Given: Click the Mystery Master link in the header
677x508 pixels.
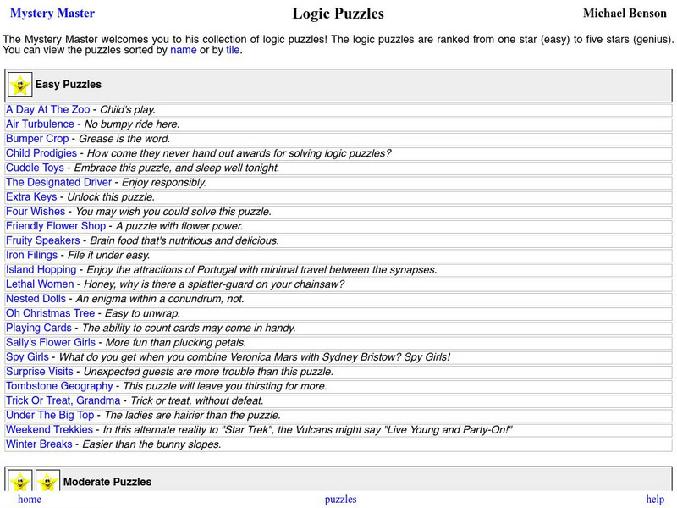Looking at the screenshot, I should coord(52,14).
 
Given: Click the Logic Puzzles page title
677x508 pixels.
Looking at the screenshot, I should coord(338,14).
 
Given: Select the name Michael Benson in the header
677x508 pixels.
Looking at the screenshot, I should coord(625,14).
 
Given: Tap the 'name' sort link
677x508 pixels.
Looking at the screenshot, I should coord(183,50).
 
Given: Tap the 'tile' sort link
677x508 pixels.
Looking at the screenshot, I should coord(233,50).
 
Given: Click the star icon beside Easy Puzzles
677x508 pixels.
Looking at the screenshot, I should coord(19,85).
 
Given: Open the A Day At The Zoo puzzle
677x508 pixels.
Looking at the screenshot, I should coord(48,109).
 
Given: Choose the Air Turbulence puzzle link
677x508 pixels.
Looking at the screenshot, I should coord(40,124).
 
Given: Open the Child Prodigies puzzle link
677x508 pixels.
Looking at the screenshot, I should coord(41,153).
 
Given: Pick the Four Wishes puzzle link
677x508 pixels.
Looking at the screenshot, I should coord(36,212).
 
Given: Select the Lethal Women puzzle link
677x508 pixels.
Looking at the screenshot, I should coord(40,284).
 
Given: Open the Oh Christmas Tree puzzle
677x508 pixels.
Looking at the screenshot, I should coord(50,313).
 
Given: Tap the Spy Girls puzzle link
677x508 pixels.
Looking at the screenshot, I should coord(27,357).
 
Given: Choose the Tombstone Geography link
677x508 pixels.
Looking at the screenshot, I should coord(59,386).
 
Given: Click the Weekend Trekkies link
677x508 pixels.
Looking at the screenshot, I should coord(49,430).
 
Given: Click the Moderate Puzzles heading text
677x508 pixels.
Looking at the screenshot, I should coord(107,482).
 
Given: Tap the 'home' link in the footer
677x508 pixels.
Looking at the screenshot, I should coord(29,500).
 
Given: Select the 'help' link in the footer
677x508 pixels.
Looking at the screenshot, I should coord(655,500).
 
